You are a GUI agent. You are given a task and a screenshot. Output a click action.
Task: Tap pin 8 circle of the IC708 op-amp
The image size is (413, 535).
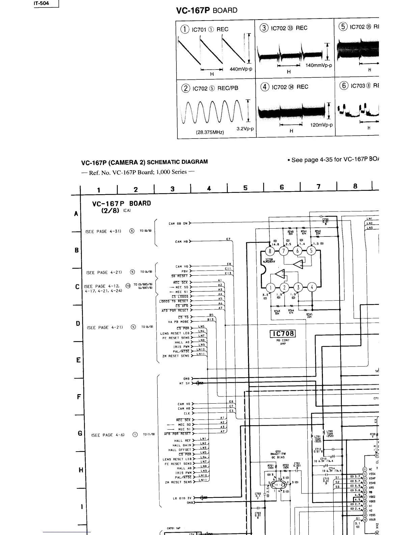(x=270, y=251)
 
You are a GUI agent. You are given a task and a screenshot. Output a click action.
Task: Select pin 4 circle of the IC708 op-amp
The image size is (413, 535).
(x=312, y=288)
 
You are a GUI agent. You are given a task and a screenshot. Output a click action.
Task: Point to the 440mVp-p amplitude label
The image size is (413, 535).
(x=241, y=69)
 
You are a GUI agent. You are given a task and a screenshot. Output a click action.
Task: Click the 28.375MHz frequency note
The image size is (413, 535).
(x=210, y=132)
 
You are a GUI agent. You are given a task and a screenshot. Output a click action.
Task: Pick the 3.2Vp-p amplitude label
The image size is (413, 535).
(x=245, y=129)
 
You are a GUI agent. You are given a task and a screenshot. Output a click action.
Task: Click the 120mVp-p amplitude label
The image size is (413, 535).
(x=321, y=125)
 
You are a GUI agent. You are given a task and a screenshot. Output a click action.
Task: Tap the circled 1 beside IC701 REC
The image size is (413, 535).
(x=185, y=29)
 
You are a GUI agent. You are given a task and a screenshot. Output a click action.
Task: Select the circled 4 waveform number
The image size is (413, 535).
(x=265, y=86)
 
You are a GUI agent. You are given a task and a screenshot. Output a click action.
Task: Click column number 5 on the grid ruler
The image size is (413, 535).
(x=245, y=188)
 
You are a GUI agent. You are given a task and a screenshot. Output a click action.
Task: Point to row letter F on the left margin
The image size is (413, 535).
(x=78, y=397)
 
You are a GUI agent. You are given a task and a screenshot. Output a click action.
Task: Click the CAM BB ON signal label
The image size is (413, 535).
(x=178, y=223)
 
